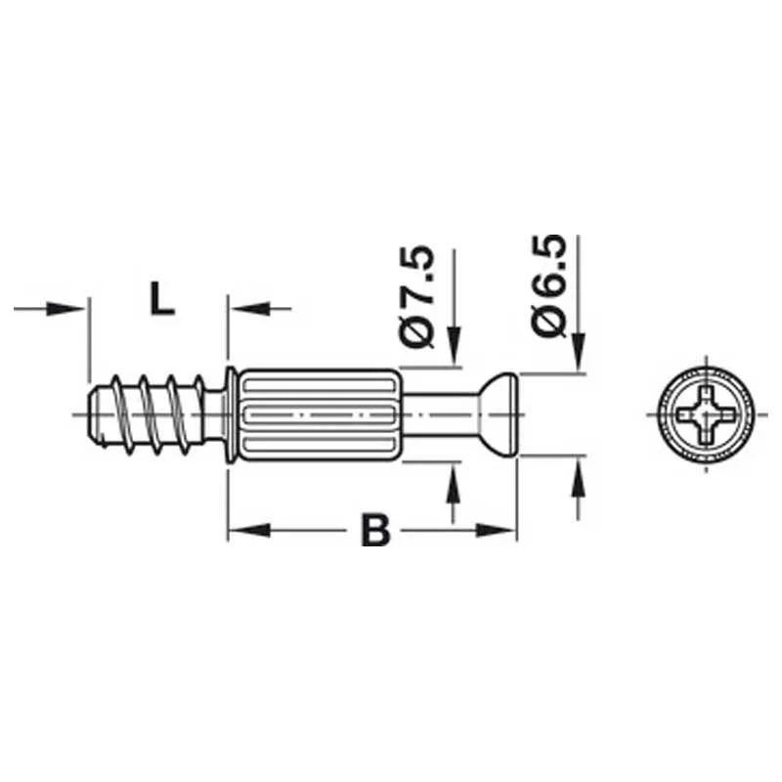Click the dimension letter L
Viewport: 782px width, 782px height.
(161, 297)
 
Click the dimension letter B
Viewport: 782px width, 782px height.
(374, 531)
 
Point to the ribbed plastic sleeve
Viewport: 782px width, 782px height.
(318, 414)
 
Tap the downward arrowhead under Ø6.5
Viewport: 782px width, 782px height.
(578, 358)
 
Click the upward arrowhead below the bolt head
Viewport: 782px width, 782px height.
(578, 473)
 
